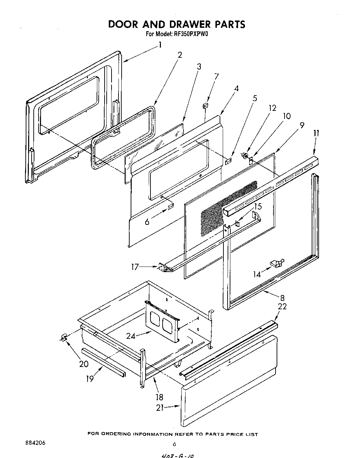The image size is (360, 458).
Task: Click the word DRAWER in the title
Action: pos(184,24)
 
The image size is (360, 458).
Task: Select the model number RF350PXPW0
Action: pos(191,34)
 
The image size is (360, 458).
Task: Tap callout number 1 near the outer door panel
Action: pos(160,45)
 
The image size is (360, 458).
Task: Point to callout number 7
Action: pos(216,76)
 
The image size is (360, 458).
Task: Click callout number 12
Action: pos(272,108)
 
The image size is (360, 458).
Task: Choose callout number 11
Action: pos(316,133)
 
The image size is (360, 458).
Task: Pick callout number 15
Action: pos(257,206)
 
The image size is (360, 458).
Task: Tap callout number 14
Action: pos(256,275)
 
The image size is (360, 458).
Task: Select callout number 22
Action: pos(283,306)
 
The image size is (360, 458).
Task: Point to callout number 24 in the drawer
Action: pos(131,336)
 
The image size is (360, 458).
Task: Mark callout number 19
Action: pos(90,378)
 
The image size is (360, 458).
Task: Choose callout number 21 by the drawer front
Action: pos(160,408)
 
